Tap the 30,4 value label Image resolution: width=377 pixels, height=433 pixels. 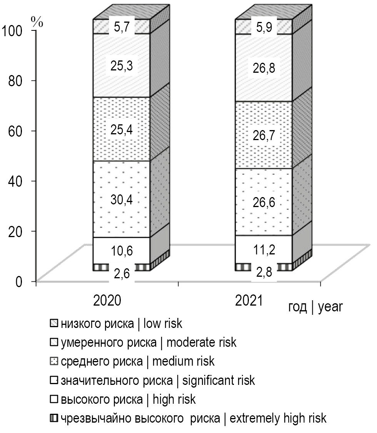(x=122, y=200)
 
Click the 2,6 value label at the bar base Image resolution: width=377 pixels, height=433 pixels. (x=122, y=274)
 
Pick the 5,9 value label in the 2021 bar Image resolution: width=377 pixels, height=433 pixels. (x=264, y=28)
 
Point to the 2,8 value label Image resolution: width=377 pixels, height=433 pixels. (x=264, y=274)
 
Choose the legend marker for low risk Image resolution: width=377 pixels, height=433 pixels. (x=53, y=323)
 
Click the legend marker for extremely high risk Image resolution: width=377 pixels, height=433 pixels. (x=53, y=418)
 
